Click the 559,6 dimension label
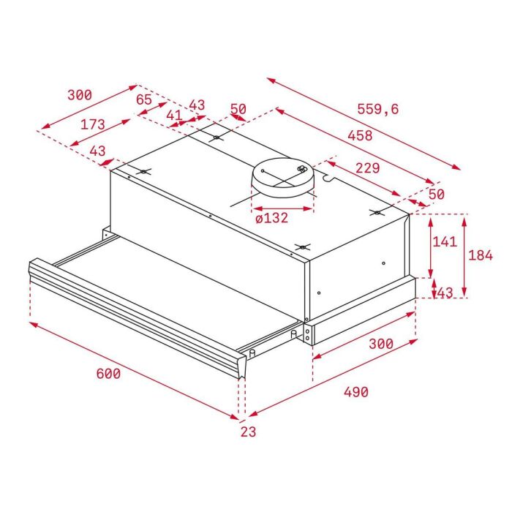(378, 109)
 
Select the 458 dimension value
(359, 135)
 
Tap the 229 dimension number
(367, 167)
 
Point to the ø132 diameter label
(271, 218)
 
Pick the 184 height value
(481, 255)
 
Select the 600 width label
(108, 373)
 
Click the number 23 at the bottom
(248, 432)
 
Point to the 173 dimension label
(93, 124)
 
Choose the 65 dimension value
(143, 99)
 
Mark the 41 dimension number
(173, 115)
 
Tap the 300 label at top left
(79, 95)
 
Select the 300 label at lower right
(380, 344)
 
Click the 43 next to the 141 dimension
(445, 292)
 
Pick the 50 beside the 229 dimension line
(436, 194)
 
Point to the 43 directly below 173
(97, 151)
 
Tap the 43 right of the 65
(197, 105)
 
